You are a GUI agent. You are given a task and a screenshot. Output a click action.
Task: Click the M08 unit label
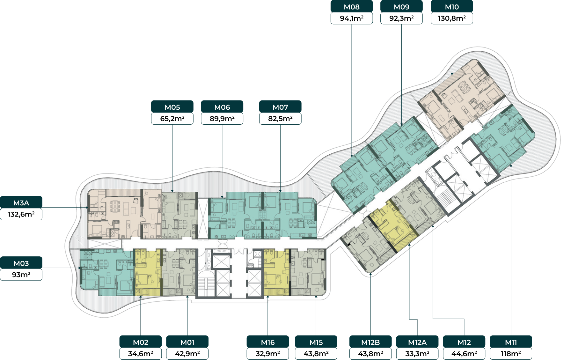(x=352, y=6)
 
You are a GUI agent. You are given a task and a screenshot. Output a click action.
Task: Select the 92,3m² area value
(x=401, y=18)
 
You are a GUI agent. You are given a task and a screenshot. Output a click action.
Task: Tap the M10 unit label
(x=452, y=6)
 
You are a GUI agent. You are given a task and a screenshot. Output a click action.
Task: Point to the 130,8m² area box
(x=452, y=18)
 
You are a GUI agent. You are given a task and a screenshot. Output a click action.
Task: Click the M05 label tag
(x=172, y=107)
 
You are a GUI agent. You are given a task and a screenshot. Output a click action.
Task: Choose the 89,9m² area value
(x=222, y=119)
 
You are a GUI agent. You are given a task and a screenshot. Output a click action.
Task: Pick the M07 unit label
(x=280, y=107)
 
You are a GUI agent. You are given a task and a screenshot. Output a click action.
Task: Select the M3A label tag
(x=21, y=202)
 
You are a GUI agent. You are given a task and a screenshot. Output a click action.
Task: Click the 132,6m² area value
(x=21, y=214)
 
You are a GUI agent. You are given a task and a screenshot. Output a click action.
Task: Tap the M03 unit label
(x=21, y=263)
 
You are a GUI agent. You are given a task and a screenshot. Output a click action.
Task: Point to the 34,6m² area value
(x=141, y=354)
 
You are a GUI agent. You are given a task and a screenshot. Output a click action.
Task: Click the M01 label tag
(x=187, y=342)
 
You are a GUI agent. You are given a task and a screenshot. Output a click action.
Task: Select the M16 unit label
(x=268, y=342)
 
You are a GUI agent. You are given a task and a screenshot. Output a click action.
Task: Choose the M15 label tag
(x=316, y=342)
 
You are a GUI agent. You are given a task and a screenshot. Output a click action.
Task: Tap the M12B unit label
(x=370, y=342)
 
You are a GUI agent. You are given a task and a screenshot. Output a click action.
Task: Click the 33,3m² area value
(x=417, y=354)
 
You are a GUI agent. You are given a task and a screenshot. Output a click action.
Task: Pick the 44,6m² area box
(x=464, y=354)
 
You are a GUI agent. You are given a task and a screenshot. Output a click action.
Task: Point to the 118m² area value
(x=511, y=354)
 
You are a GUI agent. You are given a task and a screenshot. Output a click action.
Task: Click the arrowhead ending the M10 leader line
(x=452, y=74)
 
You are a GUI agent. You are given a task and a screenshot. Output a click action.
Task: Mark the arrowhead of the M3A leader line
(x=87, y=208)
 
